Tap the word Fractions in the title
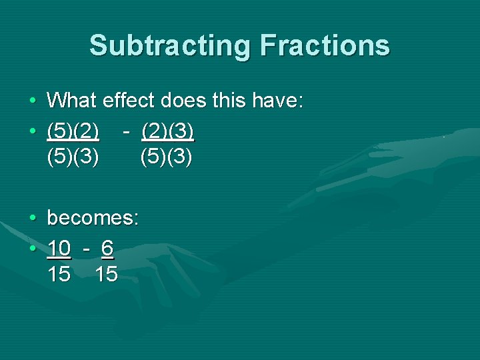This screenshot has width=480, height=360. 325,46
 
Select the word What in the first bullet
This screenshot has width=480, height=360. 72,101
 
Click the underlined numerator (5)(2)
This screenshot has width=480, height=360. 73,131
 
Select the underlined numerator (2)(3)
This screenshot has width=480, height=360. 167,131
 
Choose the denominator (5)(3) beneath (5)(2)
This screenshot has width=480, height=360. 73,158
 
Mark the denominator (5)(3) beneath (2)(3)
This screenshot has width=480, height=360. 166,158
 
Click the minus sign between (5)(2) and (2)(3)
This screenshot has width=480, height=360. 126,131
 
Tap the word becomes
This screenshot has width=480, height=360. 93,218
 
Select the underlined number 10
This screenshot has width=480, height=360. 59,248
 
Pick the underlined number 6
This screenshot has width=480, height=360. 107,248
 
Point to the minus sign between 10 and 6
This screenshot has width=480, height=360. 86,248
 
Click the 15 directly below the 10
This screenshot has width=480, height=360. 59,274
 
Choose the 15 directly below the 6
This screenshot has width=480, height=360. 106,274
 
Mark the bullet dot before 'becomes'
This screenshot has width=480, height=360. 32,219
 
